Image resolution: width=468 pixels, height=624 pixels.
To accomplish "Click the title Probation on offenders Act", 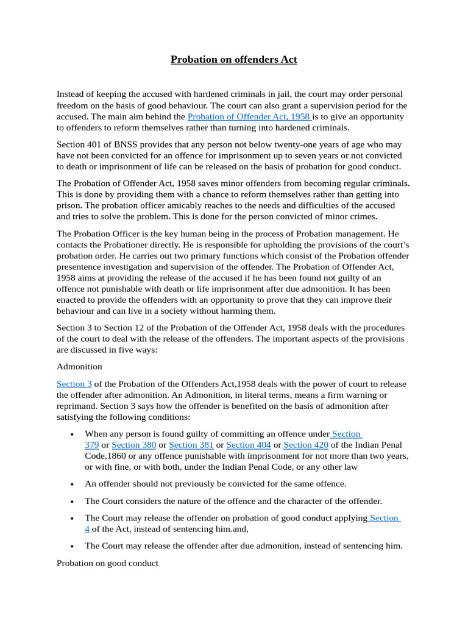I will [x=233, y=59].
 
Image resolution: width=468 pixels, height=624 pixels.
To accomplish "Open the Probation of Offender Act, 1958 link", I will [x=249, y=116].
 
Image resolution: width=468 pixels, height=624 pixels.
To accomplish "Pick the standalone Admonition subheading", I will [x=79, y=367].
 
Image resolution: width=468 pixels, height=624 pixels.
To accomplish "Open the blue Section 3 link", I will [x=74, y=384].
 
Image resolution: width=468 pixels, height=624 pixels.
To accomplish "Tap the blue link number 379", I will [x=91, y=445].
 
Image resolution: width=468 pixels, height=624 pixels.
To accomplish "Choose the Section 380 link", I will [x=133, y=445].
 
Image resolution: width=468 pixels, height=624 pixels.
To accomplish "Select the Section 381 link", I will [x=191, y=445].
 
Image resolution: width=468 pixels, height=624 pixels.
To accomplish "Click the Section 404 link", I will [x=248, y=445].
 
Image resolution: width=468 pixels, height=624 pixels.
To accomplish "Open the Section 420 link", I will [x=306, y=445].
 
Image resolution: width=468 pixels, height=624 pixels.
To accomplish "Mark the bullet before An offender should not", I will [x=73, y=484].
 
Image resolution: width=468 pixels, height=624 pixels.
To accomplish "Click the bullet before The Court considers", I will [x=73, y=501].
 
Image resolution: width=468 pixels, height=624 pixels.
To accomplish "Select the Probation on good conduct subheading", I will [x=107, y=563].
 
